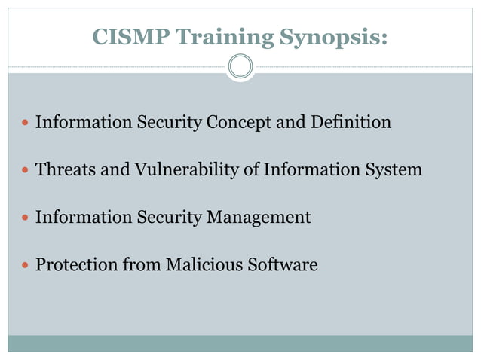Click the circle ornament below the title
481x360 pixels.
point(240,66)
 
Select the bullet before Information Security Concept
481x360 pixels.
point(25,122)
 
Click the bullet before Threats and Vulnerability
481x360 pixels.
point(25,170)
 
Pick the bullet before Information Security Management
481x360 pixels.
point(25,218)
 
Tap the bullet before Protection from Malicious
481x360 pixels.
point(25,266)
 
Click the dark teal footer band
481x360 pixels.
point(240,343)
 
